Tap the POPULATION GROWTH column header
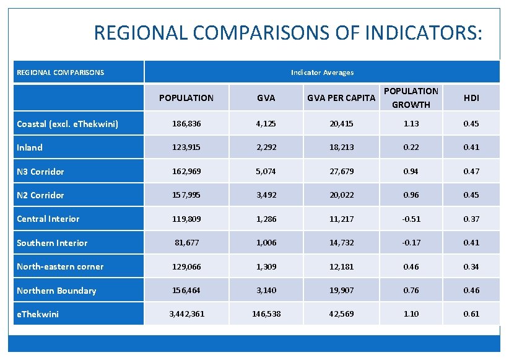(x=411, y=98)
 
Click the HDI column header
(x=471, y=98)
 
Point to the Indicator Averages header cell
(x=322, y=72)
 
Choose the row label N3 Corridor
(x=40, y=172)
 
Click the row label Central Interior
(x=48, y=219)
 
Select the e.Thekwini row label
(x=38, y=314)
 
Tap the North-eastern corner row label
(x=60, y=266)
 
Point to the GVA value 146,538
(x=266, y=314)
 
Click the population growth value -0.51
(x=411, y=219)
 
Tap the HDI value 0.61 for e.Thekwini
(x=471, y=314)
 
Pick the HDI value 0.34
(x=471, y=266)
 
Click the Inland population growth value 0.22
(x=411, y=147)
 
